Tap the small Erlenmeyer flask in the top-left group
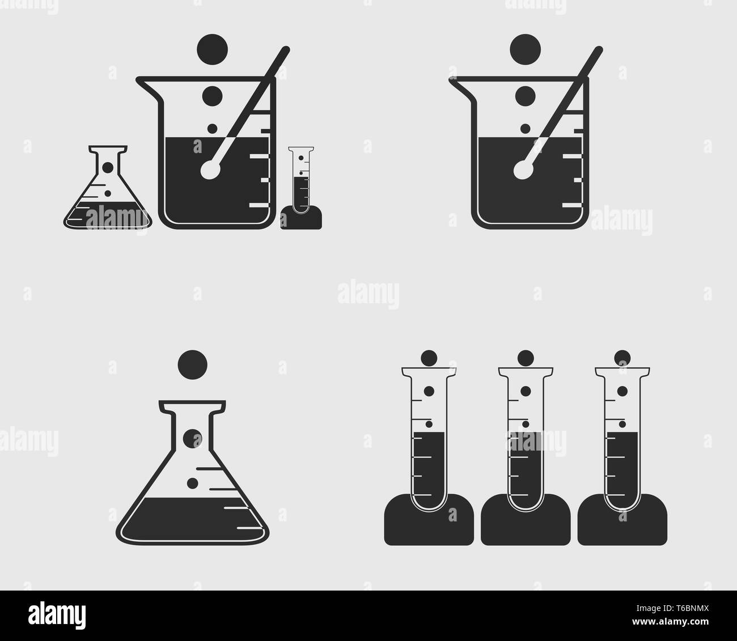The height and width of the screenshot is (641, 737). pos(108,193)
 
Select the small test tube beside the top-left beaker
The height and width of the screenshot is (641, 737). pos(301,181)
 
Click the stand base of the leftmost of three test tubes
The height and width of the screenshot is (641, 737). pos(429,521)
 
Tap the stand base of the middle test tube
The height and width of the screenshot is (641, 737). pos(526,521)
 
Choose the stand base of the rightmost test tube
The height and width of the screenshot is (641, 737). pos(622,521)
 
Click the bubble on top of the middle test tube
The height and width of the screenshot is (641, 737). pos(526,358)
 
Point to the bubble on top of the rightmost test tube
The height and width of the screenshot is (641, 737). pos(622,358)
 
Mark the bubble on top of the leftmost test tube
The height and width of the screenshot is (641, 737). pos(429,358)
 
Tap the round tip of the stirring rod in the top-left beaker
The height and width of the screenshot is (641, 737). pos(210,170)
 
